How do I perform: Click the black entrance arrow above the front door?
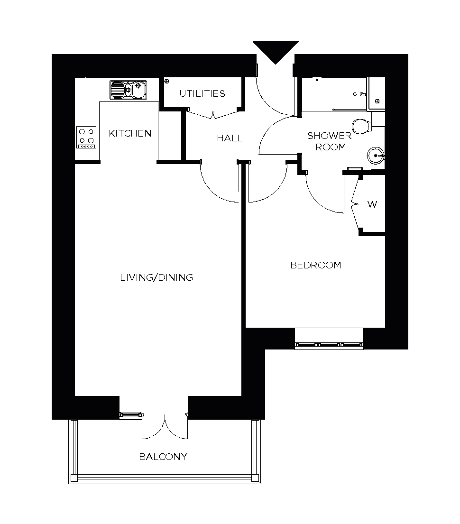[x=276, y=51]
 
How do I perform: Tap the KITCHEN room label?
[x=130, y=133]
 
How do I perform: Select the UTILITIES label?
[x=202, y=93]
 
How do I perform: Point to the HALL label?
[x=230, y=138]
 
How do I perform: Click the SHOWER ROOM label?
[x=330, y=141]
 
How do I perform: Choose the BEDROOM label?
[x=315, y=265]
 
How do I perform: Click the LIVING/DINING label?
[x=156, y=277]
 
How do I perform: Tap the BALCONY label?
[x=163, y=457]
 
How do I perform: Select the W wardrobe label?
[x=372, y=205]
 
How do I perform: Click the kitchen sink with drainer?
[x=129, y=89]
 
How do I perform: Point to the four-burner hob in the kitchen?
[x=86, y=137]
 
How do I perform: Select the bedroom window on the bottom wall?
[x=329, y=344]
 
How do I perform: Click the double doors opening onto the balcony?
[x=165, y=426]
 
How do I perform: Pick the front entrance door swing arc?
[x=273, y=97]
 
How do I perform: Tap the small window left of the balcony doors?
[x=131, y=415]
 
